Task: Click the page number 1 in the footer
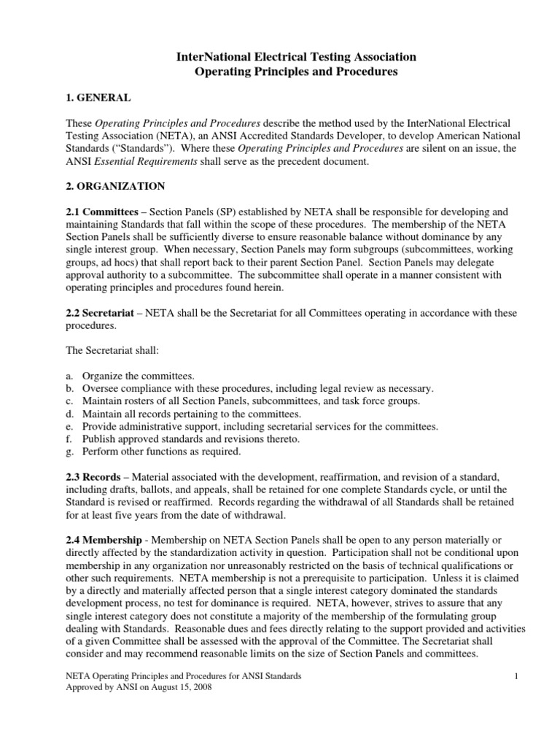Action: click(515, 677)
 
